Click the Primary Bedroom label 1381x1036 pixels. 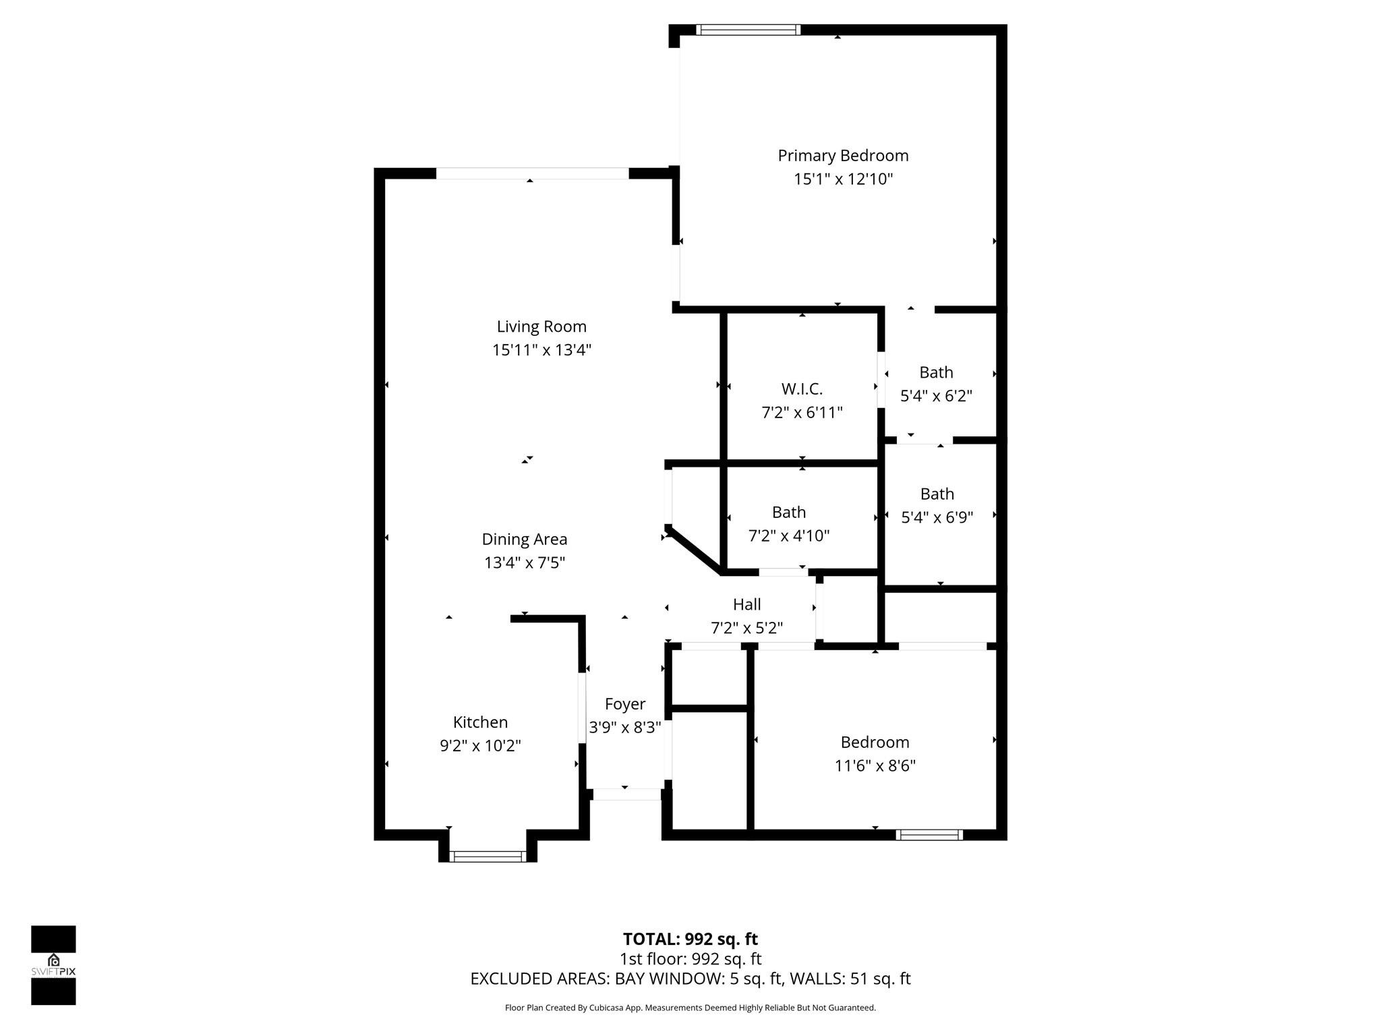pos(843,156)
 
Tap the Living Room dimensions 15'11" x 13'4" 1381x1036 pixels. pos(541,350)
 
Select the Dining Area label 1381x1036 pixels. pos(524,540)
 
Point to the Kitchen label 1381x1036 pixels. pos(480,722)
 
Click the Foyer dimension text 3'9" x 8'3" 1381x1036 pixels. pos(624,728)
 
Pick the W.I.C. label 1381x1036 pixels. pos(802,389)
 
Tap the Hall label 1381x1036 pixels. pos(746,604)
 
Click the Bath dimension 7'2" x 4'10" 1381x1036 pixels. pos(788,536)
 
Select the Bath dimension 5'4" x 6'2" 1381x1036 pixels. pos(936,396)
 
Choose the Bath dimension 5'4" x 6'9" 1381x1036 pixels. pos(937,517)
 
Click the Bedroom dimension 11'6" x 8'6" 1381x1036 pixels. pos(875,766)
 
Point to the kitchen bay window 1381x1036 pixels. pos(488,857)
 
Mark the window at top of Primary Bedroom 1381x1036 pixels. pos(748,30)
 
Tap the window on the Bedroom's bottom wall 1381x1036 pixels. pos(929,835)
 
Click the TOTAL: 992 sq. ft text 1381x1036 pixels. pos(690,939)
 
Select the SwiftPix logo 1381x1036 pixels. pos(53,965)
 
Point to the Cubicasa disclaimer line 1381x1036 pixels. pos(690,1008)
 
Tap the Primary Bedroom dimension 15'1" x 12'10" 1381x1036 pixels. pos(843,179)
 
